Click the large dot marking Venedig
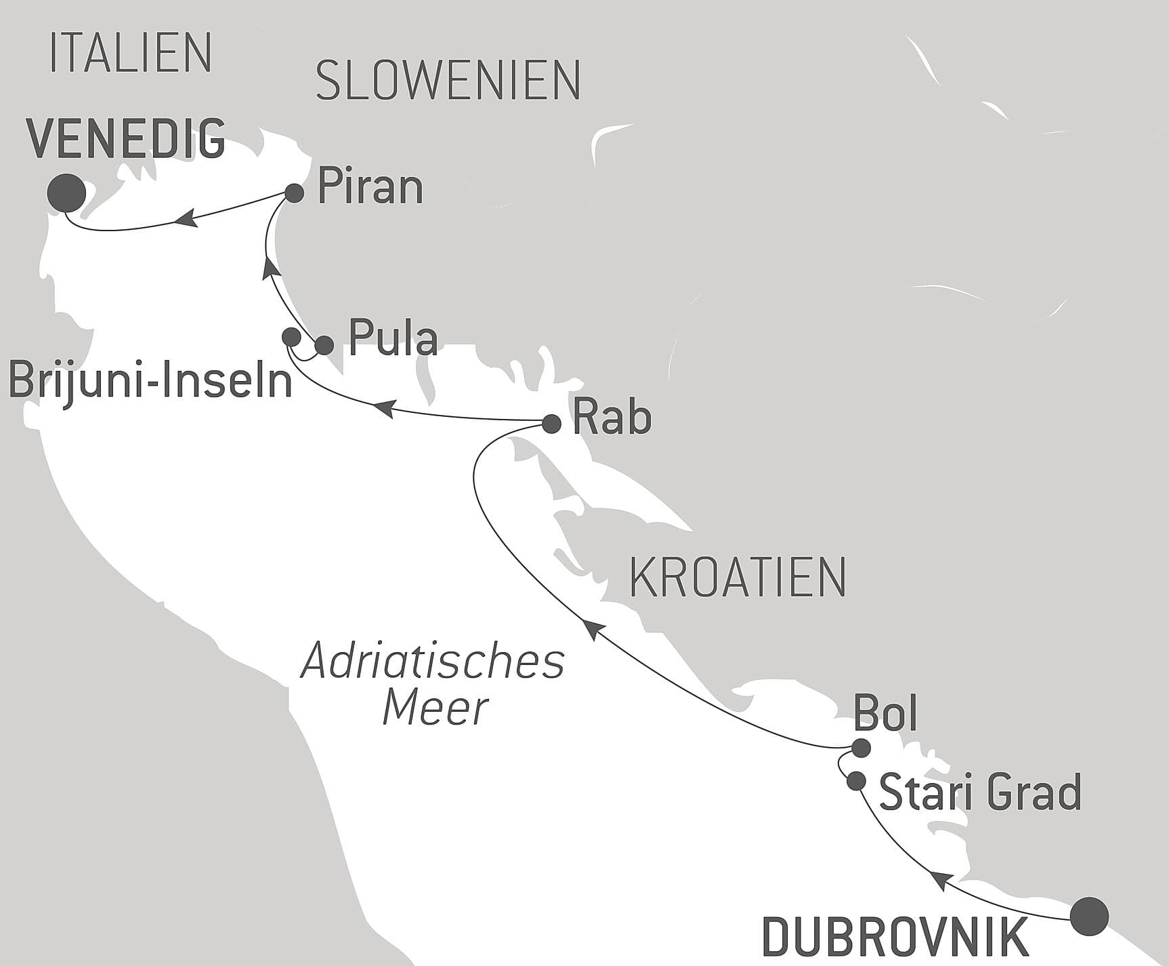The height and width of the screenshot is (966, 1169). tap(66, 193)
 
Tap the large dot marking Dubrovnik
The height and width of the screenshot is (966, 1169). tap(1089, 917)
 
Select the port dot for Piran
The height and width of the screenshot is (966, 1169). tap(294, 193)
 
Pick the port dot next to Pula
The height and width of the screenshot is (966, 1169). tap(324, 345)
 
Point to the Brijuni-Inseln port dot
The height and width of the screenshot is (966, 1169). tap(291, 336)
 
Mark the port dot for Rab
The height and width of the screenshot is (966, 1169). tap(551, 424)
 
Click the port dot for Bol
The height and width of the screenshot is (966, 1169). tap(861, 748)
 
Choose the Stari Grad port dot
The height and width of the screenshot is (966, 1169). tap(856, 781)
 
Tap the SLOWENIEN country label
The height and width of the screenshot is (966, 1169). tap(448, 81)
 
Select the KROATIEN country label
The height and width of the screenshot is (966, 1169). tap(738, 578)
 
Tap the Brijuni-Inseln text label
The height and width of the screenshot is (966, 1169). tap(150, 381)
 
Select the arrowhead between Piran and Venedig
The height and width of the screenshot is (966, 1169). tap(186, 218)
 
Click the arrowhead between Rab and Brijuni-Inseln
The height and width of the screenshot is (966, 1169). tap(383, 408)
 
